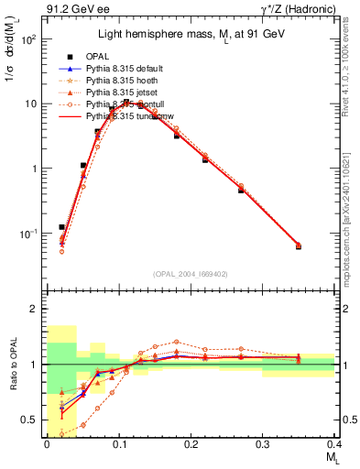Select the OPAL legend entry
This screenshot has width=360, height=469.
(x=103, y=56)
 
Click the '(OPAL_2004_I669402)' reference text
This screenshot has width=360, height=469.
(x=191, y=274)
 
